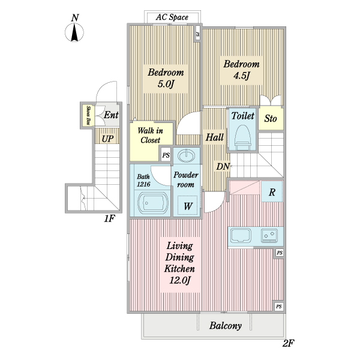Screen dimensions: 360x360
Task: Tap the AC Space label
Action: [x=172, y=17]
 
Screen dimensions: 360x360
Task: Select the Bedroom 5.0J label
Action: [x=166, y=78]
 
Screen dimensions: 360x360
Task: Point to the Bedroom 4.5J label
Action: [x=242, y=70]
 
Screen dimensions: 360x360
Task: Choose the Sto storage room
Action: [x=271, y=118]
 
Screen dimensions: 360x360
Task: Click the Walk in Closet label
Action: [x=151, y=135]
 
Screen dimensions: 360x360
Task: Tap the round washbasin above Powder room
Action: [x=187, y=156]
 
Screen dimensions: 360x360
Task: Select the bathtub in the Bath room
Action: [x=153, y=203]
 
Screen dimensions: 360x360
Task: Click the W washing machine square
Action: [x=188, y=205]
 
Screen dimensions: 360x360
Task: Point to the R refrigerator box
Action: [x=272, y=192]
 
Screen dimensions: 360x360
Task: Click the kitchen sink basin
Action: [x=241, y=235]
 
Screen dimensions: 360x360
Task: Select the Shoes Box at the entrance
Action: [x=88, y=115]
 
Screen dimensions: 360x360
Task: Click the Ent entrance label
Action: [x=111, y=115]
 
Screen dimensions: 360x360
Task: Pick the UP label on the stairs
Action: [x=107, y=139]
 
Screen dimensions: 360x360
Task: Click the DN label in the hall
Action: [x=223, y=166]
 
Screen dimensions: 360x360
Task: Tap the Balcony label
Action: [x=225, y=326]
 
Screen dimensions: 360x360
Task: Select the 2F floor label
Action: [x=288, y=343]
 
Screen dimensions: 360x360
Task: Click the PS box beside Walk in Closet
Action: [x=166, y=155]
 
